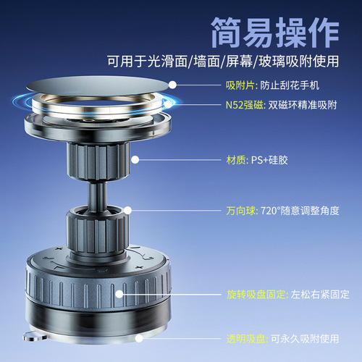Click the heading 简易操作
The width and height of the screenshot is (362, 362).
point(274,31)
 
